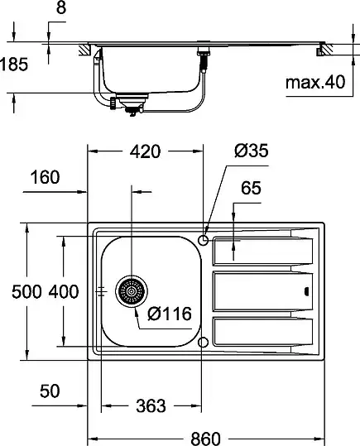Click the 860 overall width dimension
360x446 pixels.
[205, 439]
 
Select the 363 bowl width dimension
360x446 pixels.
[151, 406]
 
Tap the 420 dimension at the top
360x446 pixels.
[145, 151]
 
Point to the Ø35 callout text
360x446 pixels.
[252, 151]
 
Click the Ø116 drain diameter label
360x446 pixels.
[170, 314]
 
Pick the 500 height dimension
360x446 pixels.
[26, 292]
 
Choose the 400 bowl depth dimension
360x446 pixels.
[64, 292]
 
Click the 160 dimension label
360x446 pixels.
[45, 177]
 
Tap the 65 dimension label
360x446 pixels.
[251, 188]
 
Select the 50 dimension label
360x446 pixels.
[50, 391]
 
